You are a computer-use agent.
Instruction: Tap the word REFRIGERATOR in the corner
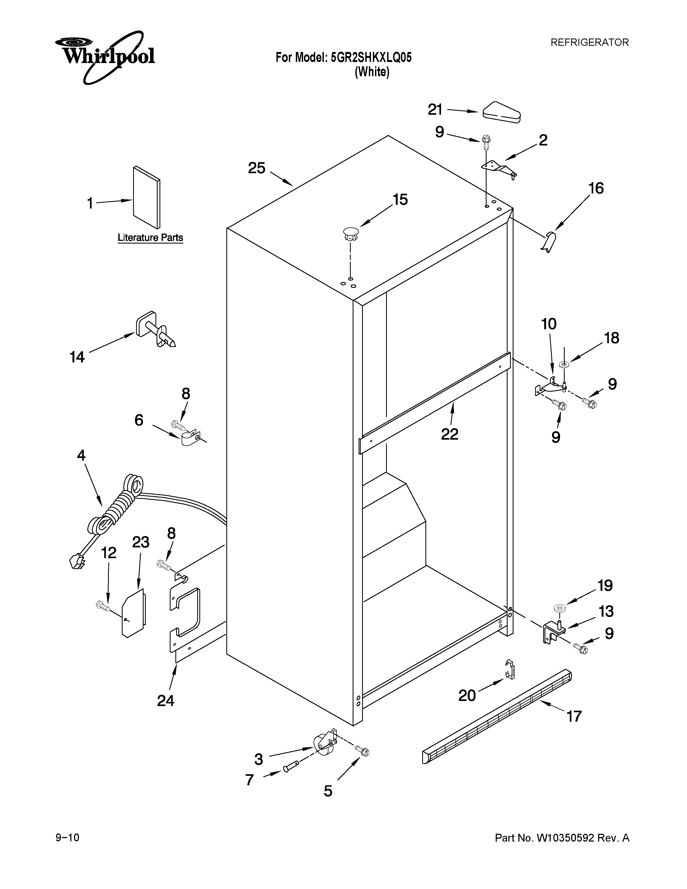pyautogui.click(x=589, y=42)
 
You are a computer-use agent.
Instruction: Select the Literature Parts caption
pyautogui.click(x=150, y=238)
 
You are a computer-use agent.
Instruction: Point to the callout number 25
pyautogui.click(x=256, y=168)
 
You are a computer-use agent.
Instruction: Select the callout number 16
pyautogui.click(x=596, y=189)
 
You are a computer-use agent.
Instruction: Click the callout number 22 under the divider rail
pyautogui.click(x=449, y=434)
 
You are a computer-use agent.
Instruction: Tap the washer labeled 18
pyautogui.click(x=564, y=363)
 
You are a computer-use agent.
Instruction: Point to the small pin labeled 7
pyautogui.click(x=291, y=768)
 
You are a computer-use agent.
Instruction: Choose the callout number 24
pyautogui.click(x=166, y=700)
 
